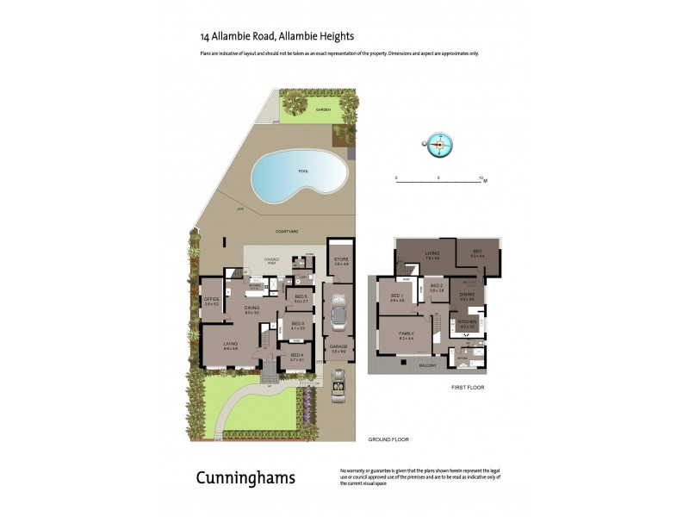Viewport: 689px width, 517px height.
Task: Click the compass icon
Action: coord(440,145)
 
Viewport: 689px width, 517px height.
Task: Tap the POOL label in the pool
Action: coord(303,171)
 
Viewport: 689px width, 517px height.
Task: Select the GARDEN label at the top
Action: coord(323,110)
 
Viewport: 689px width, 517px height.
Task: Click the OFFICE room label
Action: coord(212,300)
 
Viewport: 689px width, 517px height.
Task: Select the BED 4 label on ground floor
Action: coord(296,356)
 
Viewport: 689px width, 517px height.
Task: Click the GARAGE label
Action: coord(339,348)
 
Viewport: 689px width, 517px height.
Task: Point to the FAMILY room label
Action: coord(406,334)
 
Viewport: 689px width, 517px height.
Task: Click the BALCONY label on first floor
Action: coord(428,365)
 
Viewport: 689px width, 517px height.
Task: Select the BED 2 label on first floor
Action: coord(437,287)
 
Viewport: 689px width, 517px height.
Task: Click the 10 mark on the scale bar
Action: coord(481,178)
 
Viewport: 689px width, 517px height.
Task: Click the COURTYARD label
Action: coord(287,232)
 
